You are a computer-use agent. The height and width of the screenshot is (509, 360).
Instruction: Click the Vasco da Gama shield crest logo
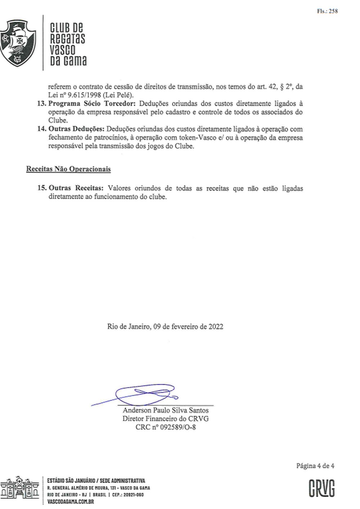[18, 43]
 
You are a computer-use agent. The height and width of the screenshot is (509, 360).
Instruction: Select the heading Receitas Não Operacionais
[68, 169]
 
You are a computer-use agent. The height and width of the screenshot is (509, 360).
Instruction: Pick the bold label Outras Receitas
[76, 188]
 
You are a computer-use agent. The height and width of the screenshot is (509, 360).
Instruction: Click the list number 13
[41, 104]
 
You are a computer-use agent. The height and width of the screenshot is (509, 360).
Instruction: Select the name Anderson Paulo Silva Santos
[166, 410]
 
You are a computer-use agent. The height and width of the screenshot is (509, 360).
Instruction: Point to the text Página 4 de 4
[315, 466]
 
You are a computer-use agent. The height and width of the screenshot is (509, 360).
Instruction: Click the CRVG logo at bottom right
[321, 488]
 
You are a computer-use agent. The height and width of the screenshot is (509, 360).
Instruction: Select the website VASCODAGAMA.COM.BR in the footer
[71, 502]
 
